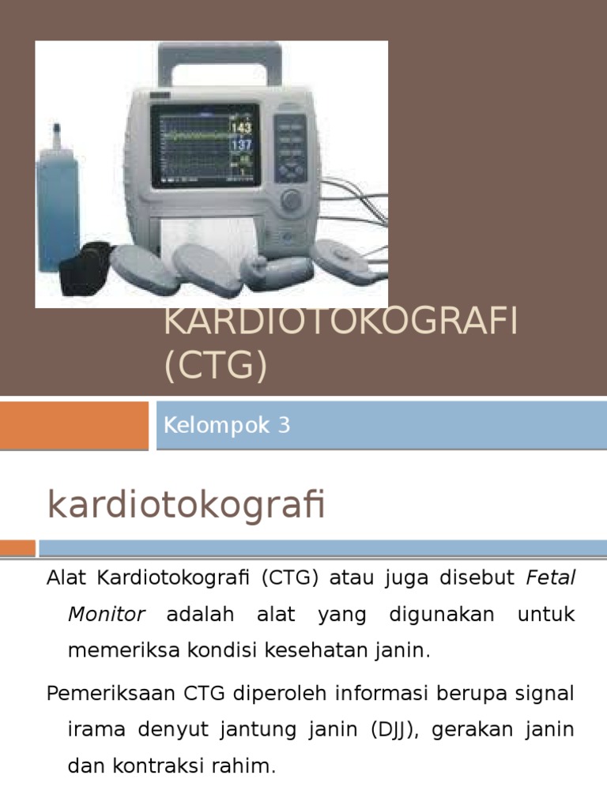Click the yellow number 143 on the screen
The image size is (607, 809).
240,128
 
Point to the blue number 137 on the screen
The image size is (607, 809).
240,145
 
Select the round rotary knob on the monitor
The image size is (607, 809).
292,199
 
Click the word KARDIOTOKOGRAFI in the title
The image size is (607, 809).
340,324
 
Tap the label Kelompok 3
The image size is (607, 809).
227,426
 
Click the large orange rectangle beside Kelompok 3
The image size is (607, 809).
74,425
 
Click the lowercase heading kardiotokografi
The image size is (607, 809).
187,506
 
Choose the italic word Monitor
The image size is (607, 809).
107,614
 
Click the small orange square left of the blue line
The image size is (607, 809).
17,547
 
